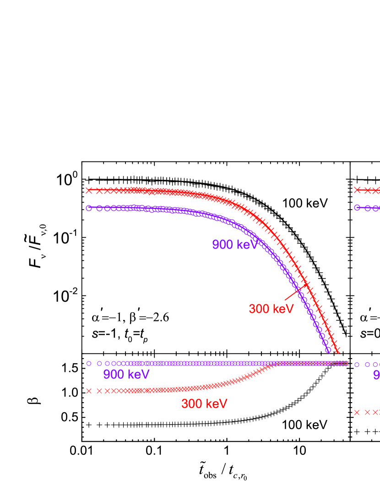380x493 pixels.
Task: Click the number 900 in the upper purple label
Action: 223,245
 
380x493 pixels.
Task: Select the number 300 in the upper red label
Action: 259,309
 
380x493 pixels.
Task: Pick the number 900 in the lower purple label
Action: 114,375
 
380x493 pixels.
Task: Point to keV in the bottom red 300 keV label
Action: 216,404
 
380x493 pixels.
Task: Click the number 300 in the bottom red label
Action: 192,404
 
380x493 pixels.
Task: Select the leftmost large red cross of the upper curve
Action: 89,190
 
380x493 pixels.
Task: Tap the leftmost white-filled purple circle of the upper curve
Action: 89,208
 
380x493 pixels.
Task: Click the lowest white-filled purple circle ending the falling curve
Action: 328,350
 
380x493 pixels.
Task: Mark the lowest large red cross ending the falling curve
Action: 337,351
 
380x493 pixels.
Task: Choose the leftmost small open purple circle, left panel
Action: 89,363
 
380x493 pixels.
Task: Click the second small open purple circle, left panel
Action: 99,363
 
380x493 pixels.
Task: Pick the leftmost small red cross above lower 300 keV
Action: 89,391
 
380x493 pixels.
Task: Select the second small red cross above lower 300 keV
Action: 99,391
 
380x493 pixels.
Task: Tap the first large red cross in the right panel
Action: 357,190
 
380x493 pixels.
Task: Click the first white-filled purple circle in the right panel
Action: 357,207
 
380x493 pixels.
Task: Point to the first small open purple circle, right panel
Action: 357,365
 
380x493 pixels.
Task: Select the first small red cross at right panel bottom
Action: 357,412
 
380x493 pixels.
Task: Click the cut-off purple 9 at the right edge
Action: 377,375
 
